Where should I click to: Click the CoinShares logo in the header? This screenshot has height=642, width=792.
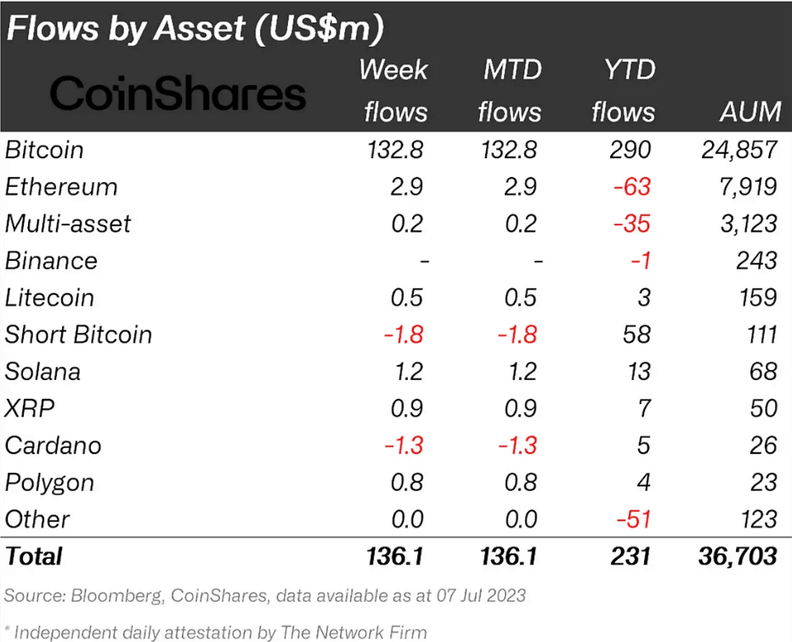178,94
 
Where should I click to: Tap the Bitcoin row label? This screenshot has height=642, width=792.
44,150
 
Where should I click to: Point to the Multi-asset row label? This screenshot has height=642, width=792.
68,224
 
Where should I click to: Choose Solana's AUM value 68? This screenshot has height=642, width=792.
762,372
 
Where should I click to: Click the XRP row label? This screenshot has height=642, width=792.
30,408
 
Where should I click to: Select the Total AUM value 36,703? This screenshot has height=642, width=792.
733,556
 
